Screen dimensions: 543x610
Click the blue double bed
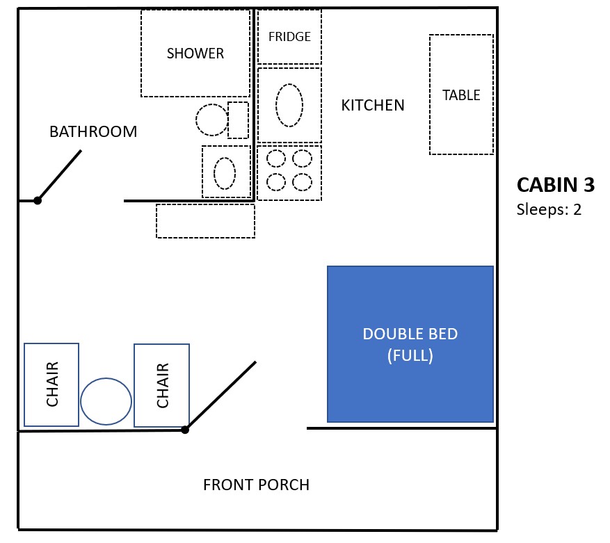tap(410, 343)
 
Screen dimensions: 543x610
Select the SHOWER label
tap(195, 54)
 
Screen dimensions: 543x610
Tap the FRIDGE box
tap(289, 37)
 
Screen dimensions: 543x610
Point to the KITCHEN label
tap(373, 106)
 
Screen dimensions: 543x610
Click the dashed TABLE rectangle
tap(461, 95)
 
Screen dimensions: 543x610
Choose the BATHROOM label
tap(93, 131)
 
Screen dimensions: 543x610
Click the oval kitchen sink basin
tap(289, 105)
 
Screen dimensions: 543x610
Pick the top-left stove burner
tap(276, 159)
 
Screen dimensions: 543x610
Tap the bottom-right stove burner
tap(302, 182)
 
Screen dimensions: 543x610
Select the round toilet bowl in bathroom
tap(212, 120)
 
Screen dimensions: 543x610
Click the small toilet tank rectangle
tap(238, 120)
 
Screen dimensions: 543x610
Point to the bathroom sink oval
tap(225, 172)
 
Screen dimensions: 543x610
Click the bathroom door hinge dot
tap(38, 201)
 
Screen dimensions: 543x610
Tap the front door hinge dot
tap(185, 430)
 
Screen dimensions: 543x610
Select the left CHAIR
tap(51, 384)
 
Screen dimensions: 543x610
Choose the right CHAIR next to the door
tap(161, 385)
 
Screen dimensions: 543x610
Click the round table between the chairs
tap(106, 401)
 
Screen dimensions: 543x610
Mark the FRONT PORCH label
tap(256, 485)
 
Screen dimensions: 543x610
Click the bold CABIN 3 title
tap(555, 185)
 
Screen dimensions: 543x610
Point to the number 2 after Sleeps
tap(577, 209)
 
